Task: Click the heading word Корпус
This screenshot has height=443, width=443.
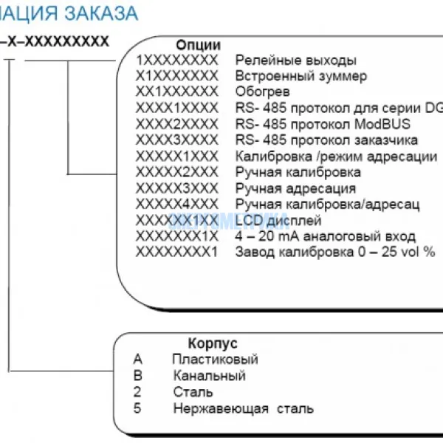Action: pyautogui.click(x=213, y=343)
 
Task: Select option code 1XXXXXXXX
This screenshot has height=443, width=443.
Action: pyautogui.click(x=177, y=60)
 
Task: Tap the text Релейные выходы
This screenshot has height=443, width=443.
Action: pyautogui.click(x=295, y=60)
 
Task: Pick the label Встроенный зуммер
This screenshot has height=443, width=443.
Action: pyautogui.click(x=301, y=76)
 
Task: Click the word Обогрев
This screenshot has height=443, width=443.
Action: pyautogui.click(x=262, y=92)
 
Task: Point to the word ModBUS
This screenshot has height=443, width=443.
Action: pyautogui.click(x=385, y=124)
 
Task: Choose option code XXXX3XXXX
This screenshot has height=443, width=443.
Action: pyautogui.click(x=177, y=140)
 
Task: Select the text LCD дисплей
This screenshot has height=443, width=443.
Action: pyautogui.click(x=278, y=220)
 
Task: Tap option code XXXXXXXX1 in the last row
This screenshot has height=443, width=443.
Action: pyautogui.click(x=177, y=252)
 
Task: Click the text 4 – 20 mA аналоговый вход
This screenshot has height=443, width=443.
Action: pyautogui.click(x=325, y=236)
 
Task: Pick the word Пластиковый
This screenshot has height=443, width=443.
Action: pyautogui.click(x=215, y=360)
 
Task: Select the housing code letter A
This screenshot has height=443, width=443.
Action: pyautogui.click(x=137, y=360)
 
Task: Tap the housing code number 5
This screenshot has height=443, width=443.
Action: pyautogui.click(x=137, y=408)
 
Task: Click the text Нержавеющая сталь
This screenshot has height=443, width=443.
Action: pyautogui.click(x=244, y=408)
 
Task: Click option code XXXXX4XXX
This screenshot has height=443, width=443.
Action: pyautogui.click(x=177, y=204)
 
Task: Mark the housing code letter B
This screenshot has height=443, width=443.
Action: pyautogui.click(x=137, y=376)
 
